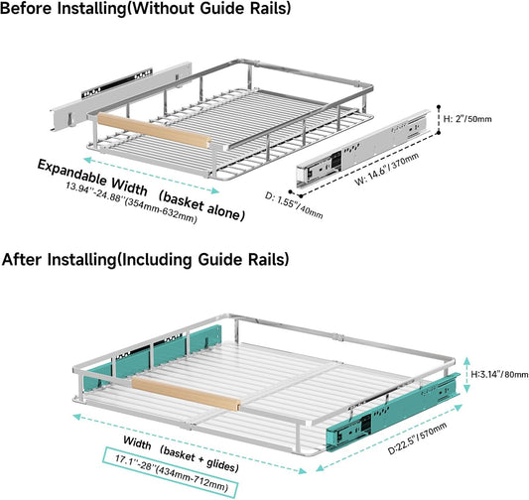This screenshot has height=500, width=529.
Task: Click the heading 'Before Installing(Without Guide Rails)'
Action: point(146,8)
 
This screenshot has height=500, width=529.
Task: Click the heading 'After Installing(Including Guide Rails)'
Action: point(146,260)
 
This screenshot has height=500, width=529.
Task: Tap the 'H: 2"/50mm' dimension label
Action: point(467,119)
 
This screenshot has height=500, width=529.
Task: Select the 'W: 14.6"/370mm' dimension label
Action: point(387,169)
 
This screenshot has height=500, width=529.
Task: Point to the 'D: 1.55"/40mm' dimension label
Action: point(294,205)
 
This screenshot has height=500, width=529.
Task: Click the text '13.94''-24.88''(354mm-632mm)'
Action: point(131,202)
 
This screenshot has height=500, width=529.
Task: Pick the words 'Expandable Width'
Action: point(92,178)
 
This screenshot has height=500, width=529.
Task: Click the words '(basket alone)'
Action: point(201,206)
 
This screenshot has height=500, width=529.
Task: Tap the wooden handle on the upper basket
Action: point(154,131)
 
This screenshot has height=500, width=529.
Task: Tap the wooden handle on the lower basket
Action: point(186,394)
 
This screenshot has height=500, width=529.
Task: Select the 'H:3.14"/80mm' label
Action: point(499,374)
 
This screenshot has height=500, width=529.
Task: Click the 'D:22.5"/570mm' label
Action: point(417,438)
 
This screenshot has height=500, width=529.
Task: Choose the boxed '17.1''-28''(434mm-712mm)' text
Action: point(171,472)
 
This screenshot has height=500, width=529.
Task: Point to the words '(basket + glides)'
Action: point(199,458)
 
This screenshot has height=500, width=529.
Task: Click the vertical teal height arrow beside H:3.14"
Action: point(466,375)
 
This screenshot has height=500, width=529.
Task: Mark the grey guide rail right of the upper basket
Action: point(363,149)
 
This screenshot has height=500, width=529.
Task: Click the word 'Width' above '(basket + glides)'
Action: point(137,442)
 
